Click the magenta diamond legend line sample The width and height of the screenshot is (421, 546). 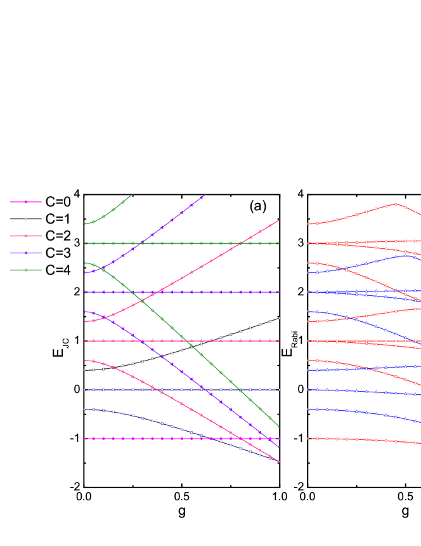pos(26,202)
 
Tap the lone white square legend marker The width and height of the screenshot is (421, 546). pos(26,219)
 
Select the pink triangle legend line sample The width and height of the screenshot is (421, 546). pos(26,236)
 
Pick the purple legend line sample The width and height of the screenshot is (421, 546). pos(26,253)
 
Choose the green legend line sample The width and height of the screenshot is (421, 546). pos(26,270)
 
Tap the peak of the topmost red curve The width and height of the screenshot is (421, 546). pos(396,204)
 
